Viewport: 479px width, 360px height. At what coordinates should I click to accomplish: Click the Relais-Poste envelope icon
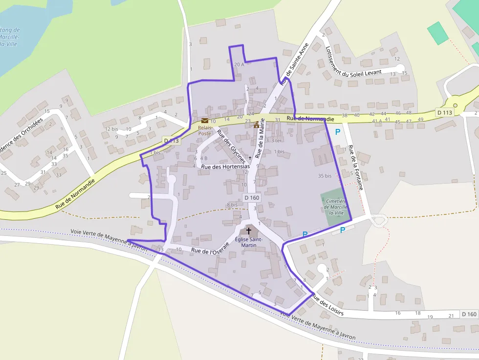(204, 121)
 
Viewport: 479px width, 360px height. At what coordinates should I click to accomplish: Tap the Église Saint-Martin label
(249, 242)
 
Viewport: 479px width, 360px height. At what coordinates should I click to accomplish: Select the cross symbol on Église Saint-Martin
(248, 230)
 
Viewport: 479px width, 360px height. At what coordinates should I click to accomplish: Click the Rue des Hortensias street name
(225, 167)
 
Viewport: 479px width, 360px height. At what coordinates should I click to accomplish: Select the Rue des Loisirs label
(327, 305)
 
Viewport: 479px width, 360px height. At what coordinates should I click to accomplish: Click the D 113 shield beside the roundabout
(445, 113)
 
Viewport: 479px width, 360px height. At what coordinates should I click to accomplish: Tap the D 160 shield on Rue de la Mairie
(251, 197)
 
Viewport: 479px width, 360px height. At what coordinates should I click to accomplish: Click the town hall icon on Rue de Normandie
(256, 125)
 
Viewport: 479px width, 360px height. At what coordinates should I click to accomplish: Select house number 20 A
(239, 64)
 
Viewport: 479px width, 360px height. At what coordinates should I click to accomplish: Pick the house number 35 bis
(325, 175)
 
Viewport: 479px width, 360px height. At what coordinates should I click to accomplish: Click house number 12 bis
(111, 129)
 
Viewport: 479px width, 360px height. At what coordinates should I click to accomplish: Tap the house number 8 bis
(232, 205)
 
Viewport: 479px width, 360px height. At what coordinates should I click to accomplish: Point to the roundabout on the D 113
(455, 105)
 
